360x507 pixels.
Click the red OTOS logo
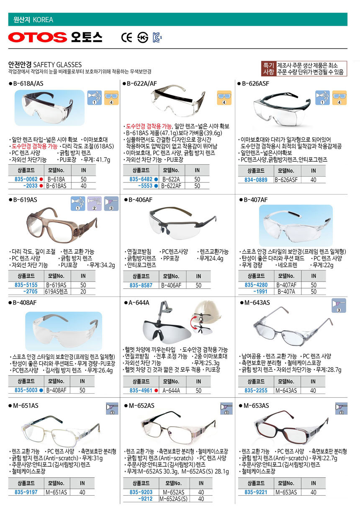pos(38,37)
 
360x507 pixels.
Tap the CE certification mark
pos(126,37)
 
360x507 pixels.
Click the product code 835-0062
pos(26,179)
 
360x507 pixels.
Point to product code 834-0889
pos(256,180)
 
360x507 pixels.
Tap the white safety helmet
pos(207,310)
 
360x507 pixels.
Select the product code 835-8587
pos(141,285)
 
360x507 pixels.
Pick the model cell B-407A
pos(286,292)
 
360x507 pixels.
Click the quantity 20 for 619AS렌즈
pos(83,292)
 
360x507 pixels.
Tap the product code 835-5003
pos(26,390)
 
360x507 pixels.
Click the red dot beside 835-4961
pos(156,390)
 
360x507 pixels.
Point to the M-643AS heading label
pos(257,302)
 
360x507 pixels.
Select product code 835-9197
pos(26,492)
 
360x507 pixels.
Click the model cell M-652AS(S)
pos(174,499)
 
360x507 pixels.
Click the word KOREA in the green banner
pos(43,20)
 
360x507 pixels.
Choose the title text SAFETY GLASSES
pos(57,65)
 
